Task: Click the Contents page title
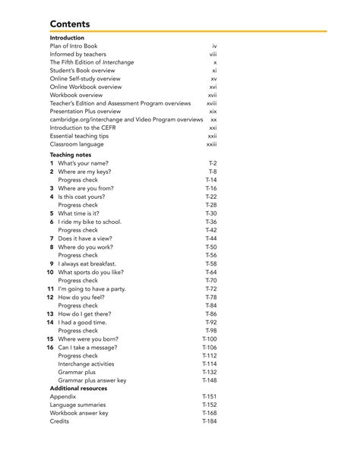point(70,24)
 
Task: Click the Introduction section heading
point(67,38)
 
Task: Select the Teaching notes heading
point(71,155)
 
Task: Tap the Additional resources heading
point(78,388)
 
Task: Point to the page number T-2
point(213,163)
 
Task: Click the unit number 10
point(50,272)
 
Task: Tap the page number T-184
point(209,421)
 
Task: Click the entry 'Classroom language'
point(77,144)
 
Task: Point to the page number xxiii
point(211,144)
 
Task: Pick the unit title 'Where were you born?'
point(88,339)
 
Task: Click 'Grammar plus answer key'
point(92,380)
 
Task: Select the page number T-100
point(209,339)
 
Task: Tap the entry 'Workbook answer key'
point(79,413)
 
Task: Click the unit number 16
point(50,347)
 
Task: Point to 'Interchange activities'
point(87,364)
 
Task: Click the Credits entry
point(59,421)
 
